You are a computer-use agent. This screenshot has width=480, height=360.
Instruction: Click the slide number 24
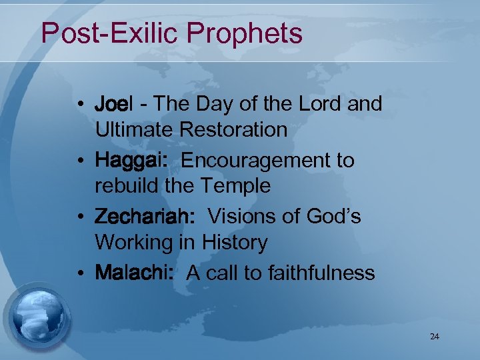(x=435, y=337)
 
